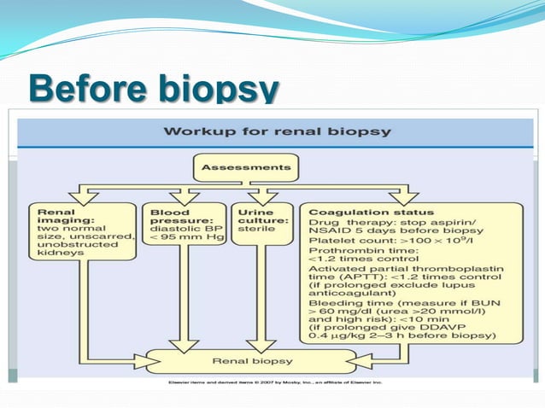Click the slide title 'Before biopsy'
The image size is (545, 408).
pyautogui.click(x=154, y=88)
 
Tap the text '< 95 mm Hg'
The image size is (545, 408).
pyautogui.click(x=184, y=236)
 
